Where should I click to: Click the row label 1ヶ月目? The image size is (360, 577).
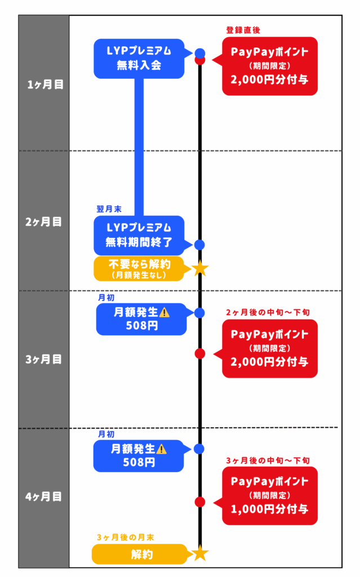(x=45, y=85)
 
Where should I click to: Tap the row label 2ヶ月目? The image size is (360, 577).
(x=45, y=221)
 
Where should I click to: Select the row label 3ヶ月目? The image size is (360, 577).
(x=45, y=359)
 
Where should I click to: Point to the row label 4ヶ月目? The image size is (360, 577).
(x=45, y=497)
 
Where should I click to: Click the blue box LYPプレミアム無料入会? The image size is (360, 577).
(x=139, y=58)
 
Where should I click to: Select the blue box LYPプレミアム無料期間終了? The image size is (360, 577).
(x=139, y=236)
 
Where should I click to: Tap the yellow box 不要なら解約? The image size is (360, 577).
(x=139, y=268)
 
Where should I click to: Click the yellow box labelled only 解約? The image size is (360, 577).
(x=139, y=554)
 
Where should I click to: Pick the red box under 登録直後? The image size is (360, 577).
(x=269, y=66)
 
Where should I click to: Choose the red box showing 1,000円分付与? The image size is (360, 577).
(x=269, y=496)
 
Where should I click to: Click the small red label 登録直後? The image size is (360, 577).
(x=243, y=30)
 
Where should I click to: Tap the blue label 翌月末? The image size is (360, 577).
(x=108, y=208)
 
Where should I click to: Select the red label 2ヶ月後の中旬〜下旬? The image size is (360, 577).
(x=268, y=312)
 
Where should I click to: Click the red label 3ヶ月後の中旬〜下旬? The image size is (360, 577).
(x=268, y=460)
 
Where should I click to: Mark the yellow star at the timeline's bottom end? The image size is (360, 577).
(x=199, y=553)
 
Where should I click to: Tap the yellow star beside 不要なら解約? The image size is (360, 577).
(x=199, y=268)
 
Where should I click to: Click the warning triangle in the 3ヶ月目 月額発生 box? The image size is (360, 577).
(x=165, y=312)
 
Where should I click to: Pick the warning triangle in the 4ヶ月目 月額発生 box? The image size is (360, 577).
(x=162, y=449)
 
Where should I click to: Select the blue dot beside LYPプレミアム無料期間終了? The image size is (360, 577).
(x=199, y=245)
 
